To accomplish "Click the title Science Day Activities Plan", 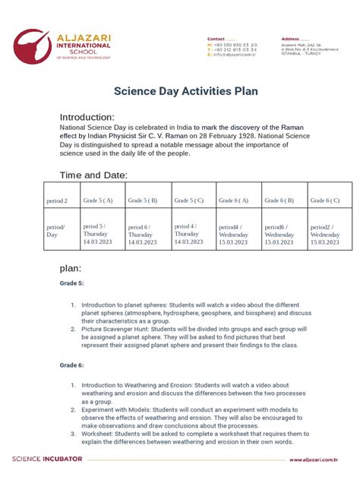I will click(x=186, y=91).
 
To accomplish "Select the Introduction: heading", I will click(x=87, y=117).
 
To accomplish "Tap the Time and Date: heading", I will click(x=93, y=175).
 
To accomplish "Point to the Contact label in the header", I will click(x=216, y=38).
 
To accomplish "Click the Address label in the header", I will click(x=290, y=38).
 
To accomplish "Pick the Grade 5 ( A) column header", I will click(x=98, y=201).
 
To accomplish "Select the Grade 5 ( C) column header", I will click(x=188, y=201).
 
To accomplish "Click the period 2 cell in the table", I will click(x=57, y=201).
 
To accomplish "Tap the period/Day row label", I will click(x=56, y=231).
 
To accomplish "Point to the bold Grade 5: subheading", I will click(x=73, y=283).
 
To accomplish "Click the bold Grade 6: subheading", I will click(x=73, y=365).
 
